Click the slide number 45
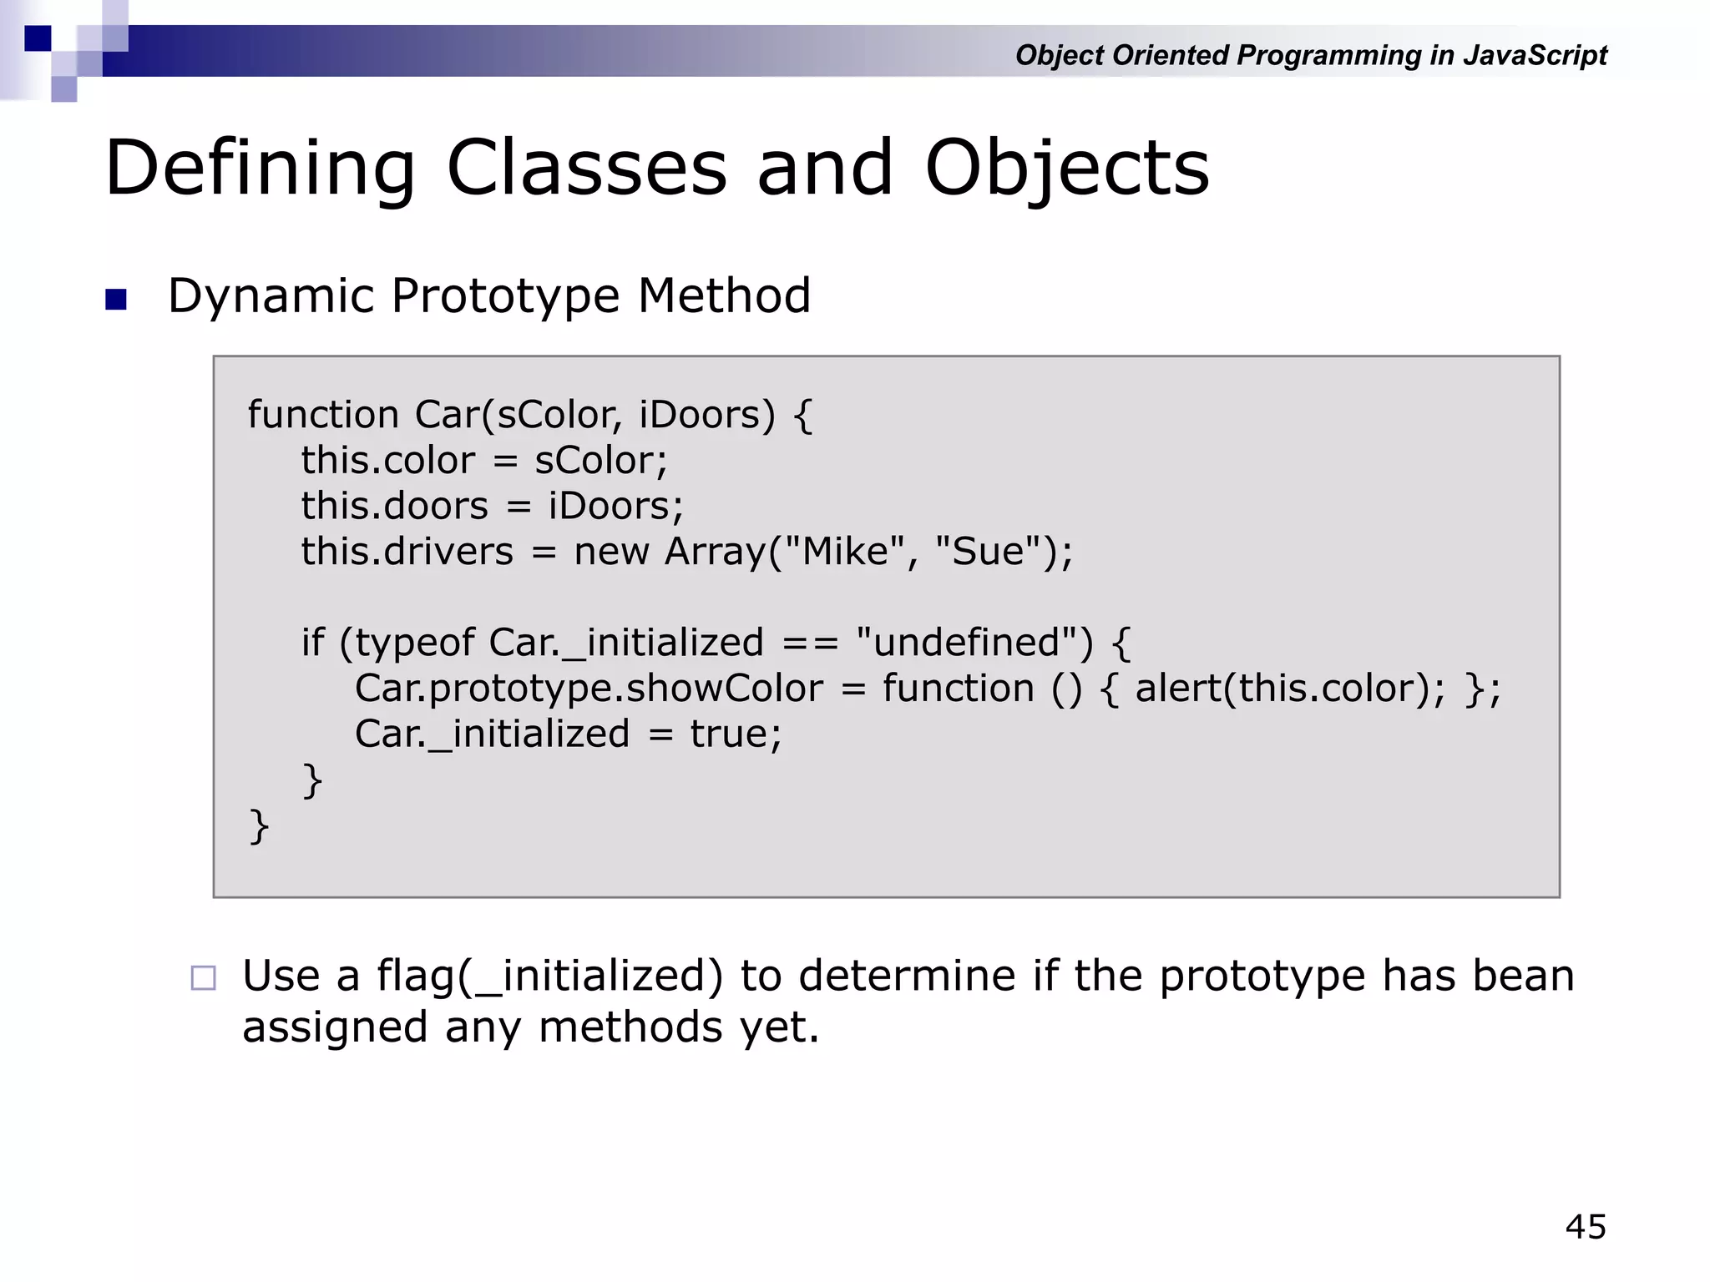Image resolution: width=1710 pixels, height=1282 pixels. (1585, 1227)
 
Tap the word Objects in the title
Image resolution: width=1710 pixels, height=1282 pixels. (1066, 169)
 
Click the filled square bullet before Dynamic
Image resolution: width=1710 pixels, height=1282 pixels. (116, 299)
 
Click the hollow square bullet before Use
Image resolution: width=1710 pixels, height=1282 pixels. (203, 977)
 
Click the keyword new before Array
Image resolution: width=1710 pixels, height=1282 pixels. (611, 552)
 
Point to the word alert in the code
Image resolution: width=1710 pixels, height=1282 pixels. (1176, 689)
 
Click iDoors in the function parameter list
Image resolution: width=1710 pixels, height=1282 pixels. (699, 415)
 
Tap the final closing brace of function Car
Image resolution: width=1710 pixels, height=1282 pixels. (259, 826)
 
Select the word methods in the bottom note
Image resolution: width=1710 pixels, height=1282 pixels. (630, 1027)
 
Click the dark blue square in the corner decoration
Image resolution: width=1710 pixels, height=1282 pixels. (38, 38)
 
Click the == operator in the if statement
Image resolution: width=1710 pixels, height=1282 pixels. (810, 644)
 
